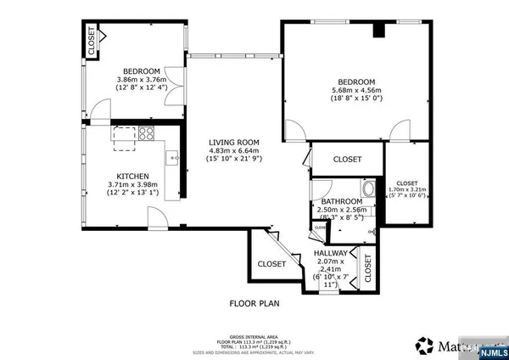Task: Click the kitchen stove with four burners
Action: [x=146, y=133]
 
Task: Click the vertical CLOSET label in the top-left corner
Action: [x=91, y=42]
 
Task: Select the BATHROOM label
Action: [x=342, y=201]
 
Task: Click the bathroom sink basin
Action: [x=369, y=188]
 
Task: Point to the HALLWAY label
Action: [x=330, y=253]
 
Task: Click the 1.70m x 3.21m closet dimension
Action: [x=406, y=189]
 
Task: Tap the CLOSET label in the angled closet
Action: [x=271, y=264]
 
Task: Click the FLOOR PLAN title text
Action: [x=254, y=302]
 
